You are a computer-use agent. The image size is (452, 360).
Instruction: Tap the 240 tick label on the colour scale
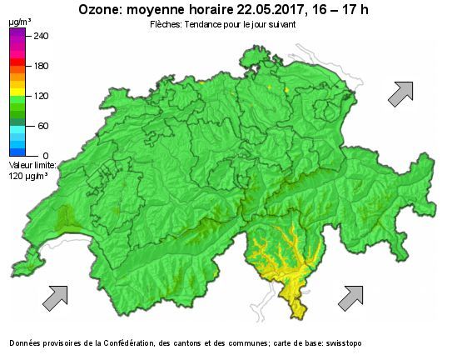40,36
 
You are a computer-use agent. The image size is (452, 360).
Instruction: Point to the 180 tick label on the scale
40,66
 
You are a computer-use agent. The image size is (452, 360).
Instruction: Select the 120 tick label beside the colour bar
40,96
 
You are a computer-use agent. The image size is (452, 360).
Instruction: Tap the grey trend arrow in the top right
400,93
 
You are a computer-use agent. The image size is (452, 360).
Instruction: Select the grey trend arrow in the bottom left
55,297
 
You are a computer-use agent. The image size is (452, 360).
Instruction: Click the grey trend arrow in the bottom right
350,296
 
